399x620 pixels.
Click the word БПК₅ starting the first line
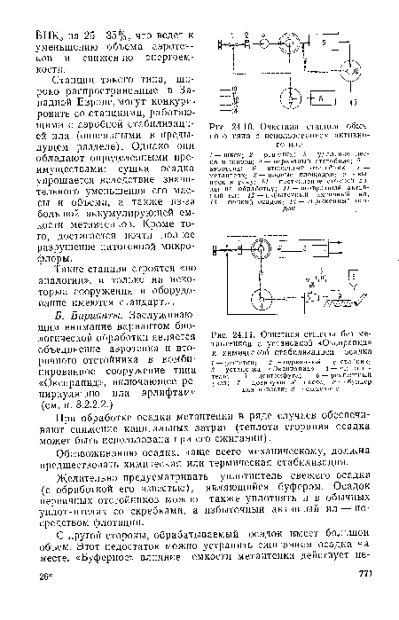(46, 10)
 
